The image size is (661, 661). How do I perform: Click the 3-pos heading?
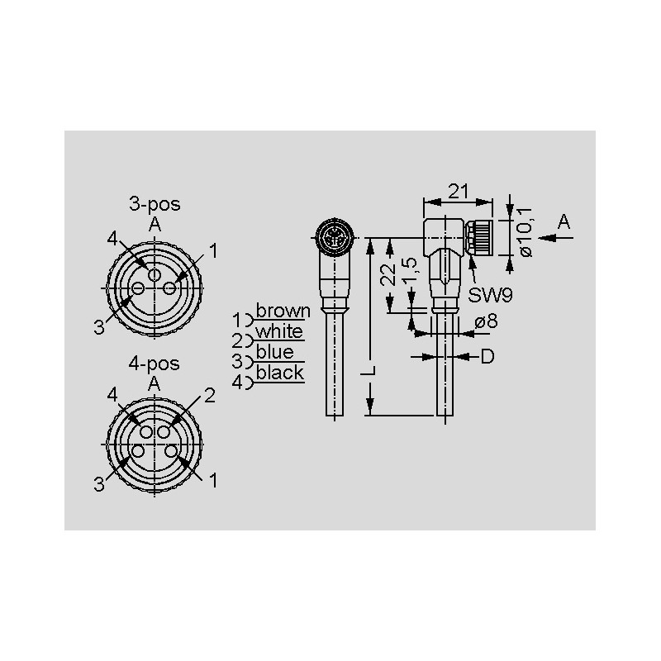155,204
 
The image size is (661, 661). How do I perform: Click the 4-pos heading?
155,364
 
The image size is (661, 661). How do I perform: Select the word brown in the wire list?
283,311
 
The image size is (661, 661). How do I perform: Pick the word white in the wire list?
279,331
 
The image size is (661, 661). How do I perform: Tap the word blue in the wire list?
275,352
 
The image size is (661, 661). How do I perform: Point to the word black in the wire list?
280,373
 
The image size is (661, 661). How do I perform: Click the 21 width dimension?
459,192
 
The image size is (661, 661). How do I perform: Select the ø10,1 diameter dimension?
525,232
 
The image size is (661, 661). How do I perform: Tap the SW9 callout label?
490,295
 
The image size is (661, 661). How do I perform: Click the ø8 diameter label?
486,321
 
